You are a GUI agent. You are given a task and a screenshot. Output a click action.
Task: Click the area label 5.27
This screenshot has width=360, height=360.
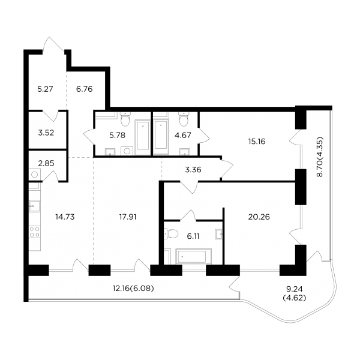(45, 89)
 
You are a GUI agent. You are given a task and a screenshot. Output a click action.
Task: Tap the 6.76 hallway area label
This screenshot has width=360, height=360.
(84, 89)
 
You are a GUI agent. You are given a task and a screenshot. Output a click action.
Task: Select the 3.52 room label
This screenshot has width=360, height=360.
(46, 133)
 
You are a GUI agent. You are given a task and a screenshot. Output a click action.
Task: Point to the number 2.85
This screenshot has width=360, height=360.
(46, 163)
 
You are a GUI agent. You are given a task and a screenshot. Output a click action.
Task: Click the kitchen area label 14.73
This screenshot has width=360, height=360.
(65, 217)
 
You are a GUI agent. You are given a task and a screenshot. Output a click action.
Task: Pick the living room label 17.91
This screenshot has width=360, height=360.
(128, 217)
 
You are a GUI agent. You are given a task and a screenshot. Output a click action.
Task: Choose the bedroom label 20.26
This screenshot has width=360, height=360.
(259, 217)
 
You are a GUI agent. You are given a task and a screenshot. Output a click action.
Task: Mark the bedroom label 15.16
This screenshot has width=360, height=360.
(257, 142)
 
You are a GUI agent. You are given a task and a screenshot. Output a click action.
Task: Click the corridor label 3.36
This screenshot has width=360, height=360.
(193, 170)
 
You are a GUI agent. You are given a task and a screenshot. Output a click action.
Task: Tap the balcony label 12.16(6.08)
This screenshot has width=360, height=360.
(133, 288)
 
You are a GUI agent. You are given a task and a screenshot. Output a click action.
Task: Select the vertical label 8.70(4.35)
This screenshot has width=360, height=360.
(320, 157)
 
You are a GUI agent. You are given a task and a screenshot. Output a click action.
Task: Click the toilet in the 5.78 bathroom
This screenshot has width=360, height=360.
(125, 119)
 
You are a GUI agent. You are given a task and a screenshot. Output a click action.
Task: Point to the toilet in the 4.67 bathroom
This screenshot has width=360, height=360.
(184, 119)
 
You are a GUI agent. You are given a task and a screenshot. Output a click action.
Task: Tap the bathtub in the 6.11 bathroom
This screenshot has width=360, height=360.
(194, 256)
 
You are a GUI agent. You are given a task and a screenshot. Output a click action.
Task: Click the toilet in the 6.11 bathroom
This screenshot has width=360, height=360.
(171, 234)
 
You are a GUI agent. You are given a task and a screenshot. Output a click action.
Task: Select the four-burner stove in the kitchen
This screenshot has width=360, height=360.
(35, 232)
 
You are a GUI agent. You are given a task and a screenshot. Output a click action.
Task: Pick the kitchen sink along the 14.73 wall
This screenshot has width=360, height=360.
(35, 206)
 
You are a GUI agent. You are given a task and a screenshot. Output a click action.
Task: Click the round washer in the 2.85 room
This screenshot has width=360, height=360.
(35, 175)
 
